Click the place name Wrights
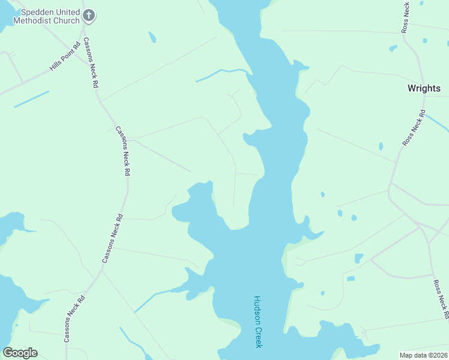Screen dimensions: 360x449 (x=424, y=88)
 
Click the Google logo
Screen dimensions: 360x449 (x=20, y=353)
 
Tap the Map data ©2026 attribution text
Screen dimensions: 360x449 (x=423, y=355)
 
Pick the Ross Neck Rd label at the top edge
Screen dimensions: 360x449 (x=406, y=17)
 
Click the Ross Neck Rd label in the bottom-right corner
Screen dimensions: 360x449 (x=441, y=298)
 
